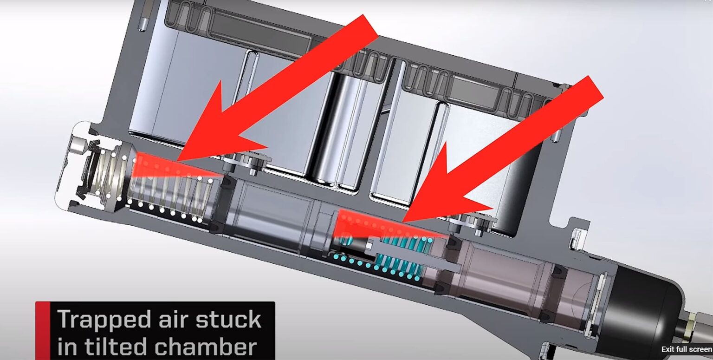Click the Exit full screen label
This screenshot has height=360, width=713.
click(686, 349)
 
